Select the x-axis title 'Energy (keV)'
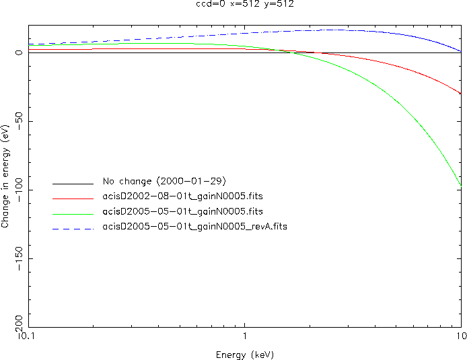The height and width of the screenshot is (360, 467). tap(245, 355)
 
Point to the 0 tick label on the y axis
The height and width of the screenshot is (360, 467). tap(20, 52)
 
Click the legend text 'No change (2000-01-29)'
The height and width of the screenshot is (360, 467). tap(164, 182)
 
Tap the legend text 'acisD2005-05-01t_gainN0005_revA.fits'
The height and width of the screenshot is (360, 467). tap(194, 227)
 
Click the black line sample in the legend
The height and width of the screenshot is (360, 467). tap(73, 183)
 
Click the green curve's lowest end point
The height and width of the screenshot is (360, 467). tap(461, 185)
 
